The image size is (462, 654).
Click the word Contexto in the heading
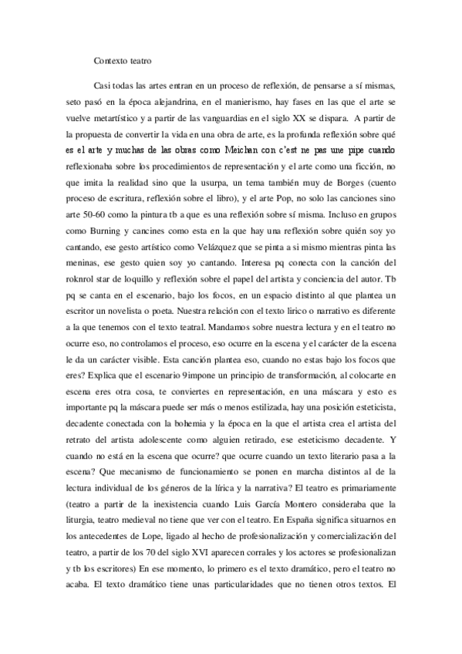pos(110,60)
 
